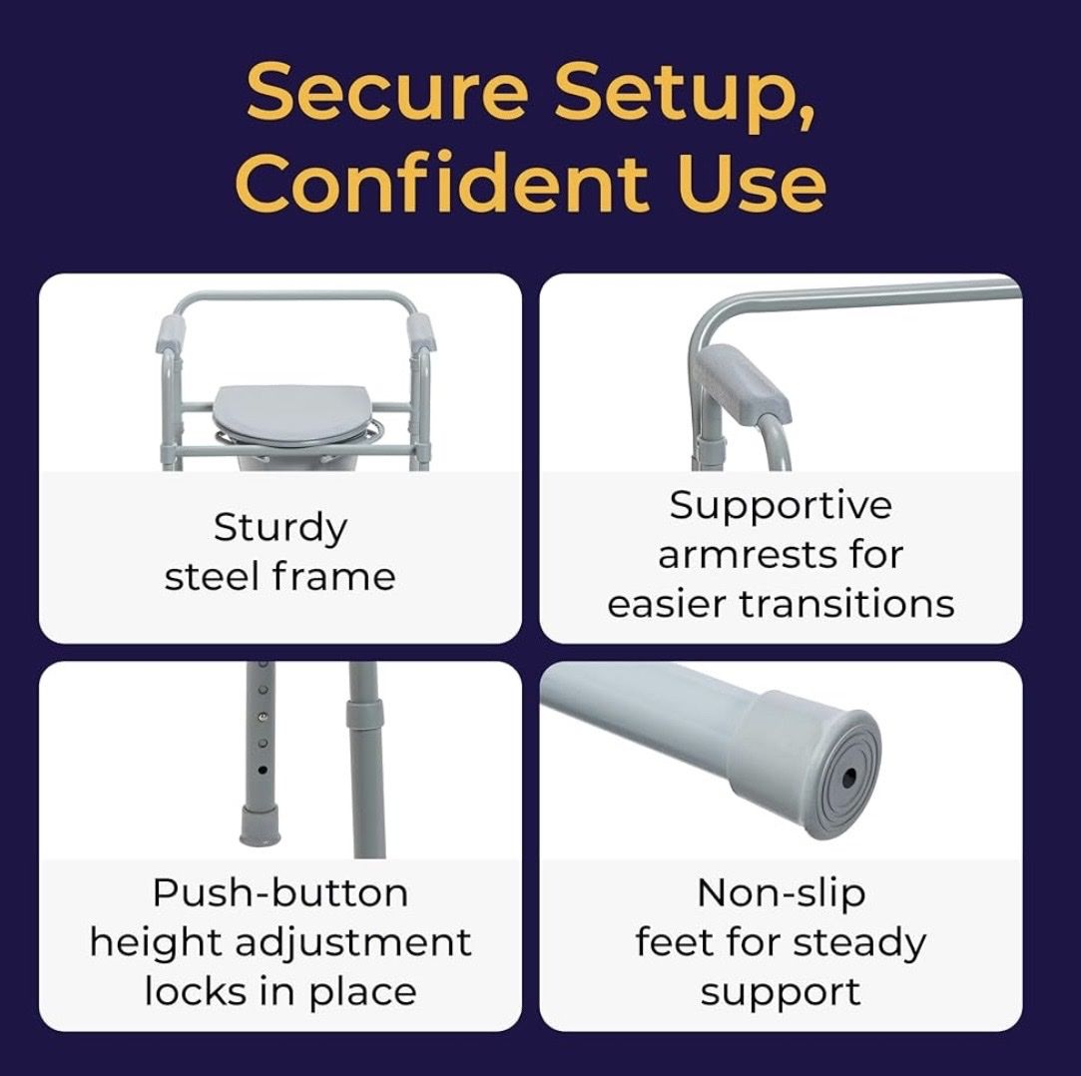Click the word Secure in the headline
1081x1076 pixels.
386,91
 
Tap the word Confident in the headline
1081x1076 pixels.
442,183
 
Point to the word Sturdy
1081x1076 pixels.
279,529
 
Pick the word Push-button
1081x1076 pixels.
279,894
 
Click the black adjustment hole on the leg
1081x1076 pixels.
263,770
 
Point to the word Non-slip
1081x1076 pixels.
781,893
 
